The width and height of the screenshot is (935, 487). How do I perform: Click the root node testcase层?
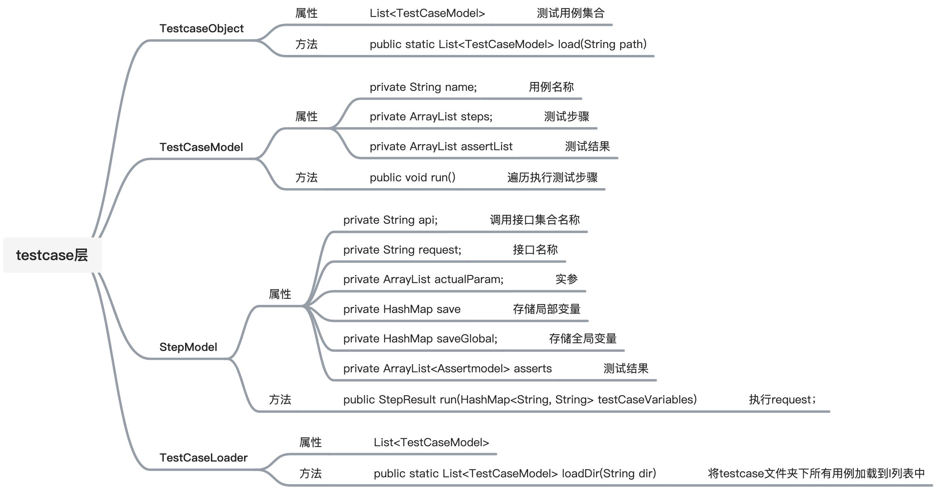tap(52, 255)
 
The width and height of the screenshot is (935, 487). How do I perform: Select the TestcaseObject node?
tap(201, 29)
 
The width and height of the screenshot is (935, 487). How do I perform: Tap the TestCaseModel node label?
tap(201, 147)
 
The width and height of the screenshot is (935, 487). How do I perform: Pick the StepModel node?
tap(188, 347)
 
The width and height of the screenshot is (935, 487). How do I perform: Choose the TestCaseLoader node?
tap(203, 458)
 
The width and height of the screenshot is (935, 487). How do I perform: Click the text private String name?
tap(423, 87)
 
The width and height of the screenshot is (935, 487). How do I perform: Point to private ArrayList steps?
tap(431, 117)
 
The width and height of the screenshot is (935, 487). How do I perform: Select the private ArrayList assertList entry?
tap(441, 147)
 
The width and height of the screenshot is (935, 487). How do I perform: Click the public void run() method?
tap(412, 178)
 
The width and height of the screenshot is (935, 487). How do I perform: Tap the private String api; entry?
tap(390, 220)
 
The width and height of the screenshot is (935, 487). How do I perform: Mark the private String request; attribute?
tap(402, 250)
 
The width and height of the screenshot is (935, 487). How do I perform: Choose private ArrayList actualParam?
tap(423, 279)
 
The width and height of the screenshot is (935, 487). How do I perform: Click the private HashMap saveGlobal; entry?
tap(420, 339)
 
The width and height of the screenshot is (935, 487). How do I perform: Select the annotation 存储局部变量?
tap(546, 309)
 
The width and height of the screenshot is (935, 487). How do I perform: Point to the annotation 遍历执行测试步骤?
tap(552, 178)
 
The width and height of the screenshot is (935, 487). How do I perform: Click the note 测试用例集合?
tap(570, 13)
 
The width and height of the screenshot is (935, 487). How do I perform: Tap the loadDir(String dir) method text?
tap(514, 473)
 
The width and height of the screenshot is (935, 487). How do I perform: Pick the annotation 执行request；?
tap(782, 400)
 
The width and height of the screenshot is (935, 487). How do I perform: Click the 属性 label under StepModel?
tap(280, 294)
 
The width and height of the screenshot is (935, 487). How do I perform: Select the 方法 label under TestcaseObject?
tap(306, 44)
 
